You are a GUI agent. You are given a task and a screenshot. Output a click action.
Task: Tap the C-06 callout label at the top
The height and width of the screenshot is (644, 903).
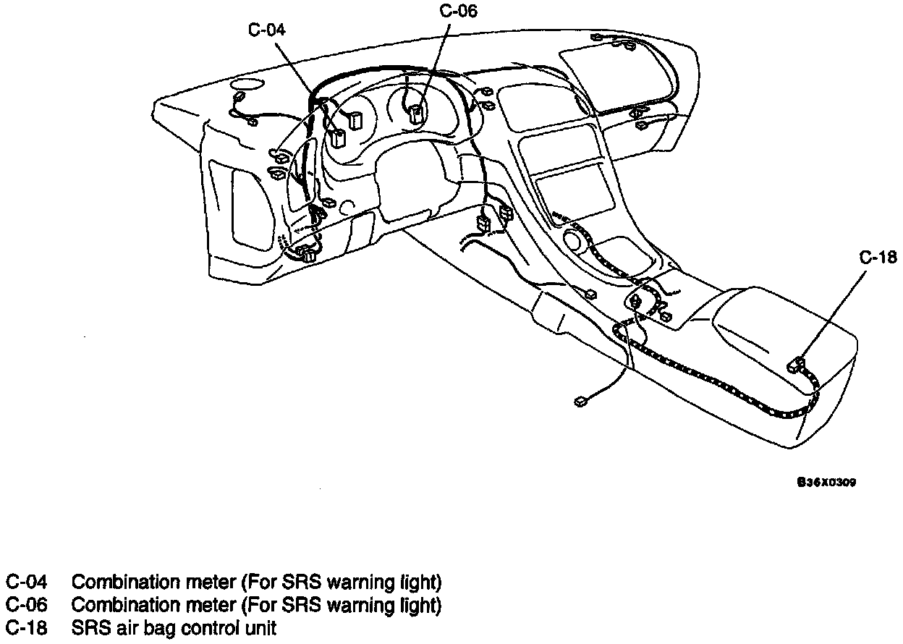click(459, 11)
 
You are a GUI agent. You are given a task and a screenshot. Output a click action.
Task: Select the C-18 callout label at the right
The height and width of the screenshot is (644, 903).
click(877, 257)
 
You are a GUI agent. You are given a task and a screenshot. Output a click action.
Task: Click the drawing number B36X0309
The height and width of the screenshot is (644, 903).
click(826, 481)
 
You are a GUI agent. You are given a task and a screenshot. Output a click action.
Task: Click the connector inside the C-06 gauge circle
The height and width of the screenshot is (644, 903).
click(416, 112)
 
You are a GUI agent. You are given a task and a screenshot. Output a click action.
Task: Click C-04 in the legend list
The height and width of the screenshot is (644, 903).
click(27, 582)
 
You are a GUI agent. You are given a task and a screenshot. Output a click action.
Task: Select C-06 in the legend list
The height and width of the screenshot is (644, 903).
click(27, 605)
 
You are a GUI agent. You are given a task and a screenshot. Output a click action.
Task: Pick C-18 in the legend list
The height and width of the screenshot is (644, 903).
click(27, 628)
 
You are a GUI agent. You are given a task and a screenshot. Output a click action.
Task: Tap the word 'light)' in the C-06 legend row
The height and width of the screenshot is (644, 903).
click(420, 605)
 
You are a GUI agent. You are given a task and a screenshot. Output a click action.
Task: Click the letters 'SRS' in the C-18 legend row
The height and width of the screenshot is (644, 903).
click(89, 628)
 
